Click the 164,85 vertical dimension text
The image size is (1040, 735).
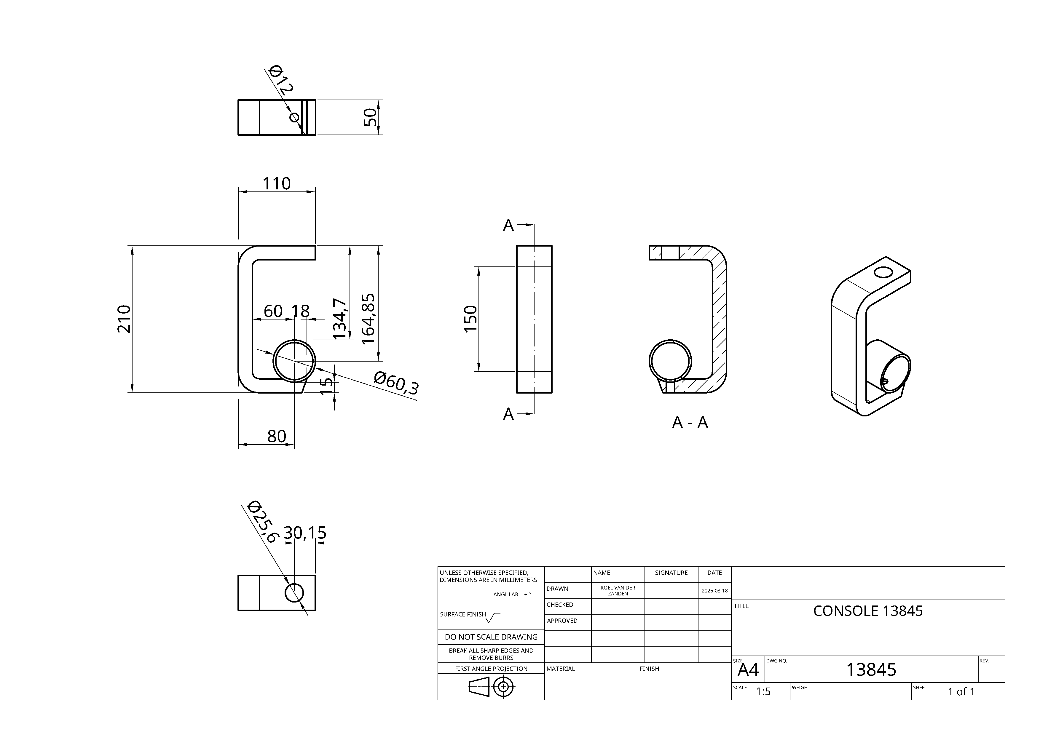[368, 318]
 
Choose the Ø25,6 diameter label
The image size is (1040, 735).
[263, 522]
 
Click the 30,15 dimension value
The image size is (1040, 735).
[305, 533]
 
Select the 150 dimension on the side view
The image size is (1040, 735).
[470, 319]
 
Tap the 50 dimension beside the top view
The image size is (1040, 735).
[370, 117]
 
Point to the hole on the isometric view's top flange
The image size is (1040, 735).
[883, 272]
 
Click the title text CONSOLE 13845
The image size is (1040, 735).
[867, 611]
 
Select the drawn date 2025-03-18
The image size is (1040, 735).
[714, 591]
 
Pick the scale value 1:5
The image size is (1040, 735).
[763, 691]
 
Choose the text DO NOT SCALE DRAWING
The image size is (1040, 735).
[491, 637]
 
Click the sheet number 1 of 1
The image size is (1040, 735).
[961, 691]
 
